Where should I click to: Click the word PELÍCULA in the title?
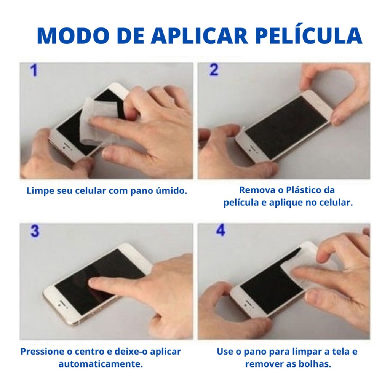point(308,36)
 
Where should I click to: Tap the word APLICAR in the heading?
point(200,36)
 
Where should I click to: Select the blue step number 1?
point(34,71)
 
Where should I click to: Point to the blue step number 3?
point(35,232)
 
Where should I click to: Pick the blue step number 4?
point(221,230)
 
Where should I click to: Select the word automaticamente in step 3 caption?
point(101,364)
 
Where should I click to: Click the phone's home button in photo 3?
point(60,305)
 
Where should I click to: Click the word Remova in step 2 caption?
point(254,190)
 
